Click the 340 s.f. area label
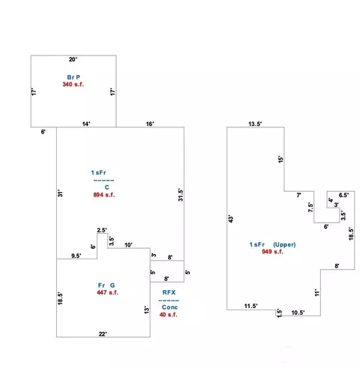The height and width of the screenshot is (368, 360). pyautogui.click(x=73, y=85)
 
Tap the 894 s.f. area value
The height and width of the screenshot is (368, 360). pyautogui.click(x=104, y=195)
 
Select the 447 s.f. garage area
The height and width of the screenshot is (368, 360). pyautogui.click(x=107, y=292)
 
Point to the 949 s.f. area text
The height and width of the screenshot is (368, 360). pyautogui.click(x=272, y=252)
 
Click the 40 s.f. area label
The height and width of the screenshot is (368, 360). pyautogui.click(x=168, y=315)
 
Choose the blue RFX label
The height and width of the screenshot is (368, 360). pyautogui.click(x=169, y=292)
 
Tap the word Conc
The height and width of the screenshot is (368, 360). pyautogui.click(x=169, y=307)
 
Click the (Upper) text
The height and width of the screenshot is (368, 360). pyautogui.click(x=284, y=244)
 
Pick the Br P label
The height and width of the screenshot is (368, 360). pyautogui.click(x=73, y=77)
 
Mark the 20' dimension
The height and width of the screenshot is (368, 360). pyautogui.click(x=73, y=59)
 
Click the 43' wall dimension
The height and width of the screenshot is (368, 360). pyautogui.click(x=231, y=219)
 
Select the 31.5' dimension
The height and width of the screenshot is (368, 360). pyautogui.click(x=181, y=195)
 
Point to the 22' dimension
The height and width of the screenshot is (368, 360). pyautogui.click(x=103, y=334)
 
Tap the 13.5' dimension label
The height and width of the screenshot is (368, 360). pyautogui.click(x=255, y=124)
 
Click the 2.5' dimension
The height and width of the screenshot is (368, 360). pyautogui.click(x=102, y=230)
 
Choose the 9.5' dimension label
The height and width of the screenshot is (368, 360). pyautogui.click(x=76, y=256)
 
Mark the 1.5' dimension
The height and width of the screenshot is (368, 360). pyautogui.click(x=280, y=313)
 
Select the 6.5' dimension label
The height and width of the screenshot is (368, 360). pyautogui.click(x=343, y=195)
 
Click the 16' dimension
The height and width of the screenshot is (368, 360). pyautogui.click(x=150, y=124)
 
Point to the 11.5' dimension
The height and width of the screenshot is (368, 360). pyautogui.click(x=251, y=306)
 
